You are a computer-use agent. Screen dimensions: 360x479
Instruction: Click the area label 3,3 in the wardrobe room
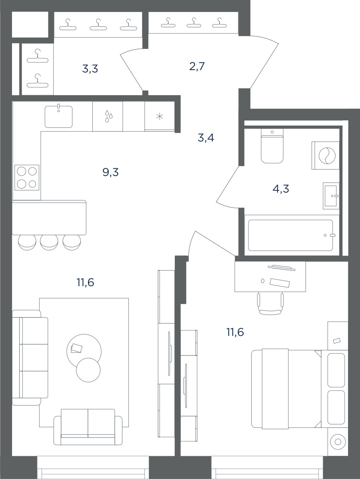coord(90,69)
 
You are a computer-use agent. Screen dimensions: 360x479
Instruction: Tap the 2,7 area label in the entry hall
coord(197,66)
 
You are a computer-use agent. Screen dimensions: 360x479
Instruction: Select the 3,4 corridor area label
coord(206,138)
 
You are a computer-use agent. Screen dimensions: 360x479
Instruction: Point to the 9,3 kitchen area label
coord(110,173)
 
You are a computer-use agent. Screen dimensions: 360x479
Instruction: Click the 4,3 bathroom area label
coord(281,189)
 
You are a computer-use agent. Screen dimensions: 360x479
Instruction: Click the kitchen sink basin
coord(59,116)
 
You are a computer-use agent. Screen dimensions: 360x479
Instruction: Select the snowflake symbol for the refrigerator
coord(160,116)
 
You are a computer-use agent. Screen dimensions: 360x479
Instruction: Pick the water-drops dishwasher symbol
coord(108,116)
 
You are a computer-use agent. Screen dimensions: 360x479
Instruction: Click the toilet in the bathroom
coord(272,146)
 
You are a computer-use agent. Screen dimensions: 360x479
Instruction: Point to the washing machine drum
coord(327,156)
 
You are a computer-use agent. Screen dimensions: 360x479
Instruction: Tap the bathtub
coord(290,235)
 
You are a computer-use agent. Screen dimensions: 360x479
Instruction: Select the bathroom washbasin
coord(331,196)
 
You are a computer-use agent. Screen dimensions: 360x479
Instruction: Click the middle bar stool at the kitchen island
coord(49,242)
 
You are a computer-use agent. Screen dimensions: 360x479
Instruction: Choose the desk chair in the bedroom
coord(270,303)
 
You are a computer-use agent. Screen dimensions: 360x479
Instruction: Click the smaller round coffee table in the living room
coord(88,369)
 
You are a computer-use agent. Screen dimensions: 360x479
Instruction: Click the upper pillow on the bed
coord(336,370)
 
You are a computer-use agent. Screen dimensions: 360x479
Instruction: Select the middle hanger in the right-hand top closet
coord(192,23)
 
